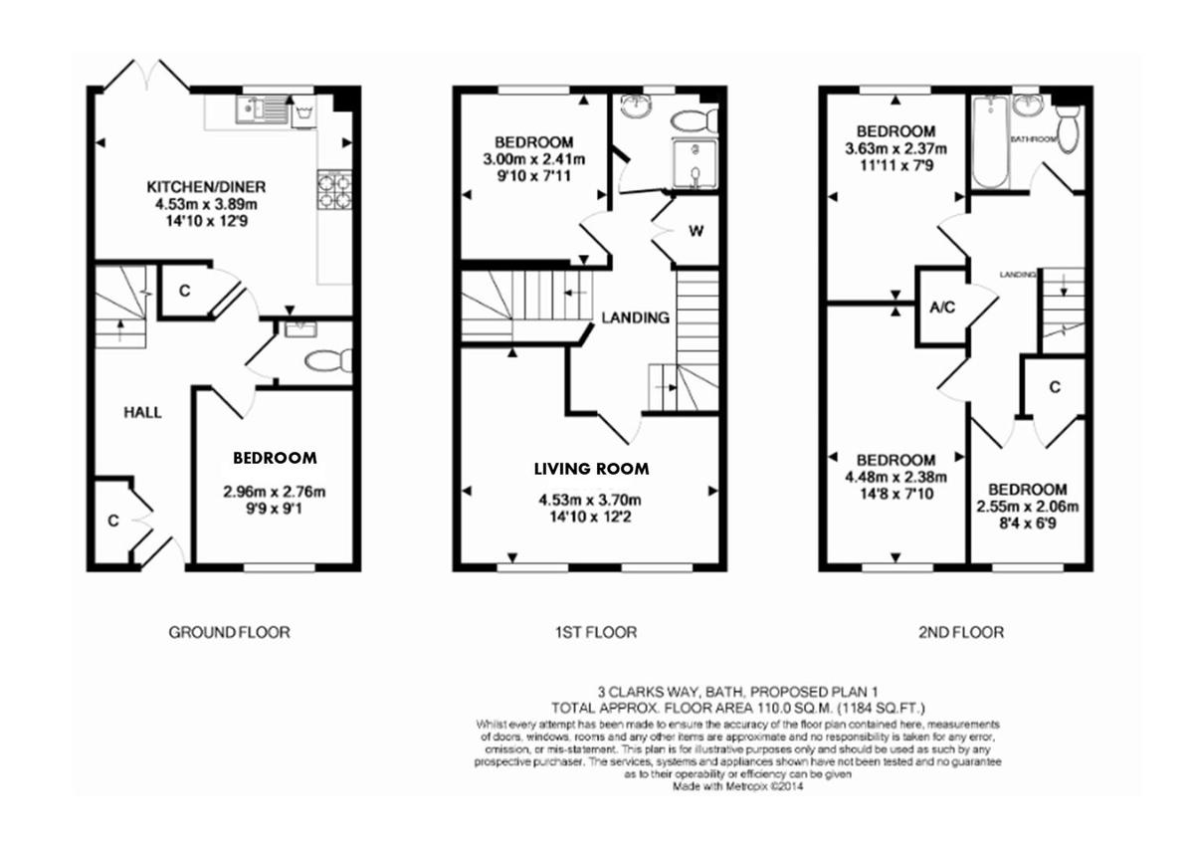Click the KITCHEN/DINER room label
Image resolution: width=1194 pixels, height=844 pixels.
pos(206,187)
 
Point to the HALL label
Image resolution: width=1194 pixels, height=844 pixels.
pos(142,413)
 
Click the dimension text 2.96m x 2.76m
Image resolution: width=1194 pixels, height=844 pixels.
pos(275,491)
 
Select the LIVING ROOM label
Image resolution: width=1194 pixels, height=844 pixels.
pos(591,469)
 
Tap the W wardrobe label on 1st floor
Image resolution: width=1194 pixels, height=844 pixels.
pos(696,231)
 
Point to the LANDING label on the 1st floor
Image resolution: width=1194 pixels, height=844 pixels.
pos(635,317)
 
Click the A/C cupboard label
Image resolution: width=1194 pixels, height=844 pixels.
pos(941,308)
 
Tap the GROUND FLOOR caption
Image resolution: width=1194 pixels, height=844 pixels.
pos(229,632)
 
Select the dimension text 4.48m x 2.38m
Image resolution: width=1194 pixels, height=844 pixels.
pos(895,477)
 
